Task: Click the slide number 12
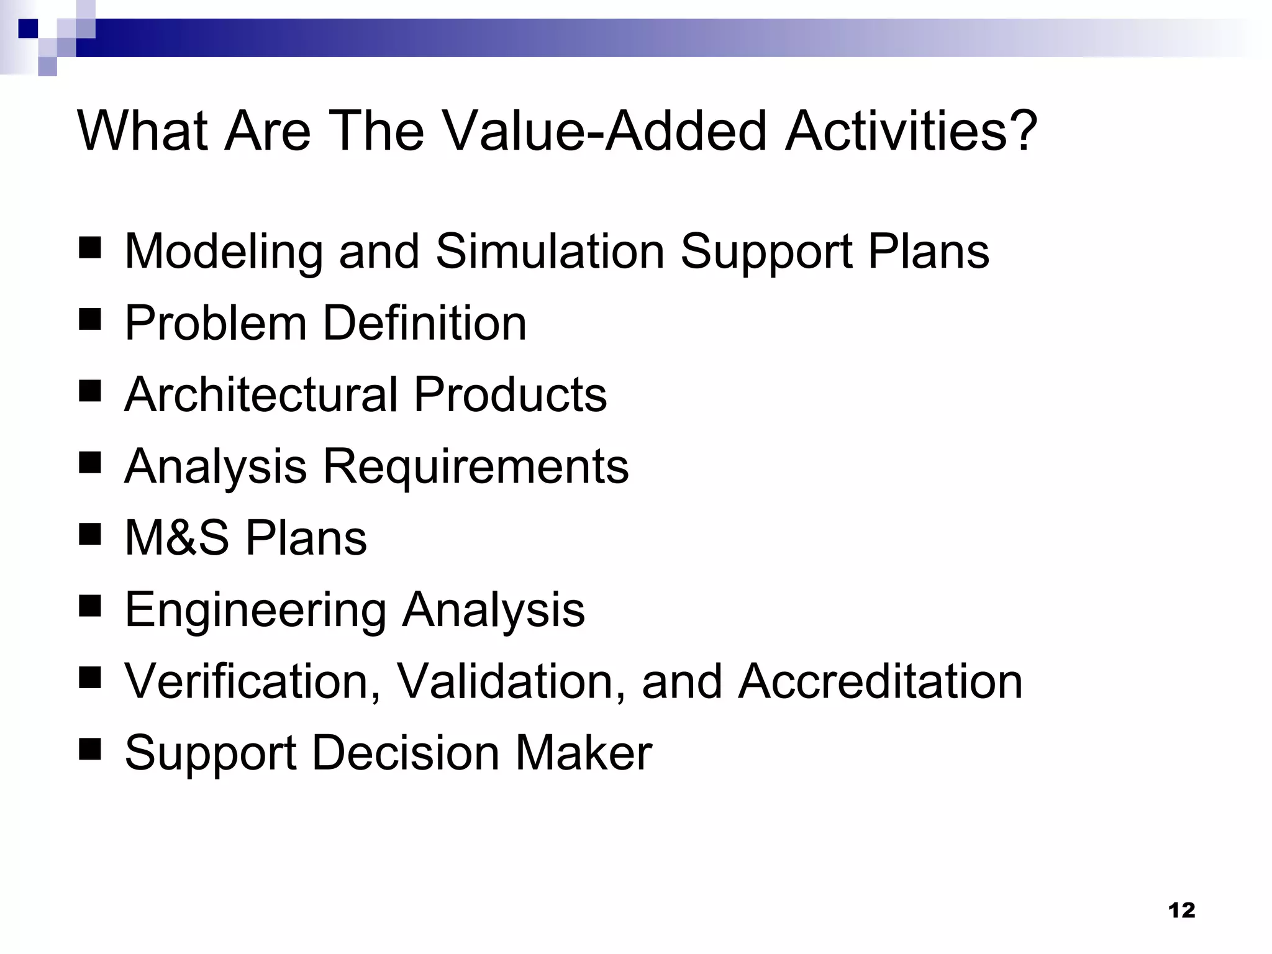1181,911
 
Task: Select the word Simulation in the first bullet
550,252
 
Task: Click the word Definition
425,323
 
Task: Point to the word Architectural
261,394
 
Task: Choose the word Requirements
476,466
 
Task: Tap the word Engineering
255,611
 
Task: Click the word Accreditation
880,681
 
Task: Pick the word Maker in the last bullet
583,753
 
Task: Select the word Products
510,394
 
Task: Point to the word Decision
405,753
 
